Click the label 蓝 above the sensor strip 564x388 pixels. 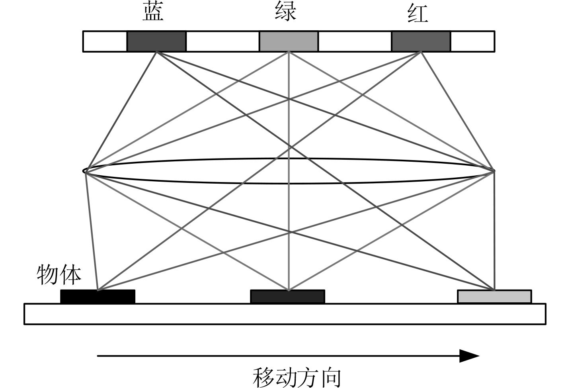pyautogui.click(x=153, y=12)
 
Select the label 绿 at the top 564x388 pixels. pyautogui.click(x=286, y=11)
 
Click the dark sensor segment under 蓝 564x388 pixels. pyautogui.click(x=156, y=41)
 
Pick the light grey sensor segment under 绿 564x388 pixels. pyautogui.click(x=289, y=41)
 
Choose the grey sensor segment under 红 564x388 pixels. pyautogui.click(x=421, y=41)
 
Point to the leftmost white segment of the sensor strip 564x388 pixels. pyautogui.click(x=105, y=41)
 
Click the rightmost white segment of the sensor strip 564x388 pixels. pyautogui.click(x=472, y=41)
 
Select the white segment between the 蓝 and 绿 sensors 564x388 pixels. pyautogui.click(x=222, y=41)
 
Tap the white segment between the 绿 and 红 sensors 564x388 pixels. pyautogui.click(x=355, y=41)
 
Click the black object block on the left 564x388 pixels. pyautogui.click(x=98, y=296)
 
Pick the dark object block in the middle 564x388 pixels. pyautogui.click(x=287, y=296)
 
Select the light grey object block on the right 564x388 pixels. pyautogui.click(x=494, y=296)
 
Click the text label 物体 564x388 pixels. pyautogui.click(x=59, y=274)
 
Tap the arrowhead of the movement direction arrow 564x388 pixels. pyautogui.click(x=470, y=356)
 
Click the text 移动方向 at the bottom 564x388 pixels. pyautogui.click(x=297, y=378)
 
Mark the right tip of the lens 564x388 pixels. pyautogui.click(x=494, y=171)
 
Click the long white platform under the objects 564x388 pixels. pyautogui.click(x=285, y=314)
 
